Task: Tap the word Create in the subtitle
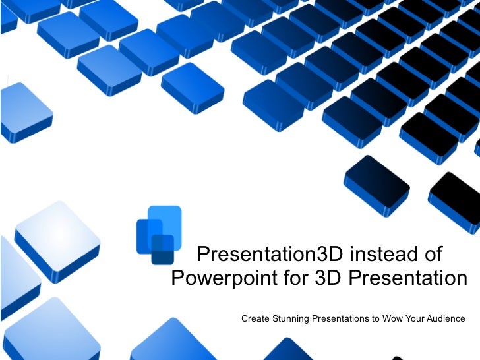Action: click(x=255, y=319)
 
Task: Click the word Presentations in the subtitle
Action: click(x=345, y=319)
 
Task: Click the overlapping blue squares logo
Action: click(x=158, y=234)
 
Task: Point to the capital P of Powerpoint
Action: click(x=177, y=278)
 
